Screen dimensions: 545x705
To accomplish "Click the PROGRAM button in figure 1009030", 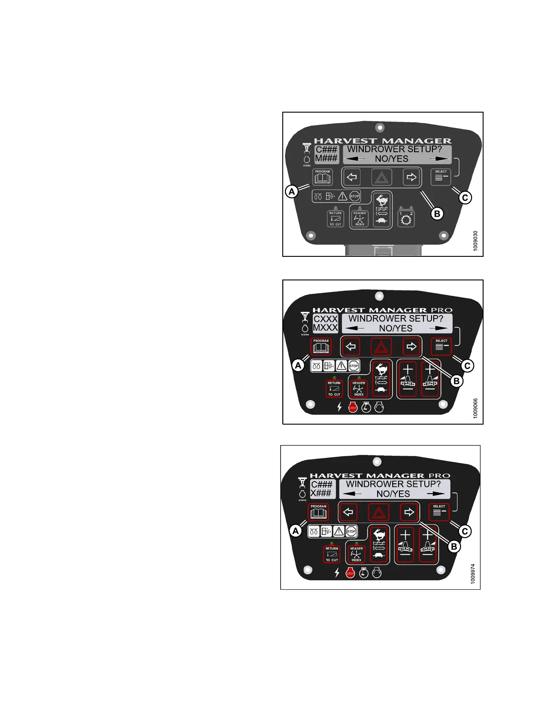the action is (x=322, y=178).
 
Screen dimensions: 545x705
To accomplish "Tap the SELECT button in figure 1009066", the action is (x=441, y=345).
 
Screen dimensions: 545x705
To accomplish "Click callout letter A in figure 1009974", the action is (x=296, y=531).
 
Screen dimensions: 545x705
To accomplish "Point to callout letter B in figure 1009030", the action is (x=437, y=214).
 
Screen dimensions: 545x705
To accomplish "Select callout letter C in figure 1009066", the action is (x=467, y=366).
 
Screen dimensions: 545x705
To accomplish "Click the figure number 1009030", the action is (x=476, y=241).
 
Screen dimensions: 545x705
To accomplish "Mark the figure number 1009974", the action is (x=473, y=574).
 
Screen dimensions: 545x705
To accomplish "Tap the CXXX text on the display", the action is (x=325, y=319).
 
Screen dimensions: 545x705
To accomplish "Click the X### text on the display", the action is (x=321, y=493).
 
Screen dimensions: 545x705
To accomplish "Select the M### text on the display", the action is (x=326, y=158).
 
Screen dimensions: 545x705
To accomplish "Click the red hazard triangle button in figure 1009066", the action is (x=382, y=346).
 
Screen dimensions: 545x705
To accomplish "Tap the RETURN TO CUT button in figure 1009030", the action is (x=335, y=219).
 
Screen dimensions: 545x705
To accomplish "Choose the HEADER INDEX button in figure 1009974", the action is (x=356, y=554).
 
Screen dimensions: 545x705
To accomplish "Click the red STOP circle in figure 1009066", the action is (x=353, y=407).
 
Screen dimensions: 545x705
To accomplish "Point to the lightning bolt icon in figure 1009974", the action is (x=337, y=573).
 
